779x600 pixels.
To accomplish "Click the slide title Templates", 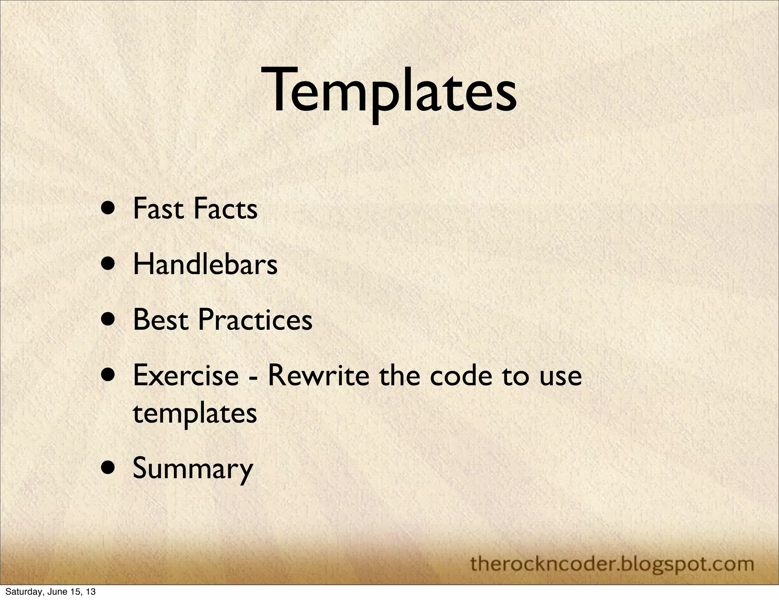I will (x=392, y=91).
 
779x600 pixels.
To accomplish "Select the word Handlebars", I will (x=205, y=264).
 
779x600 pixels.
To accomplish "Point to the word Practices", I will (x=255, y=320).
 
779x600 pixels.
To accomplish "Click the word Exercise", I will (x=186, y=375).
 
